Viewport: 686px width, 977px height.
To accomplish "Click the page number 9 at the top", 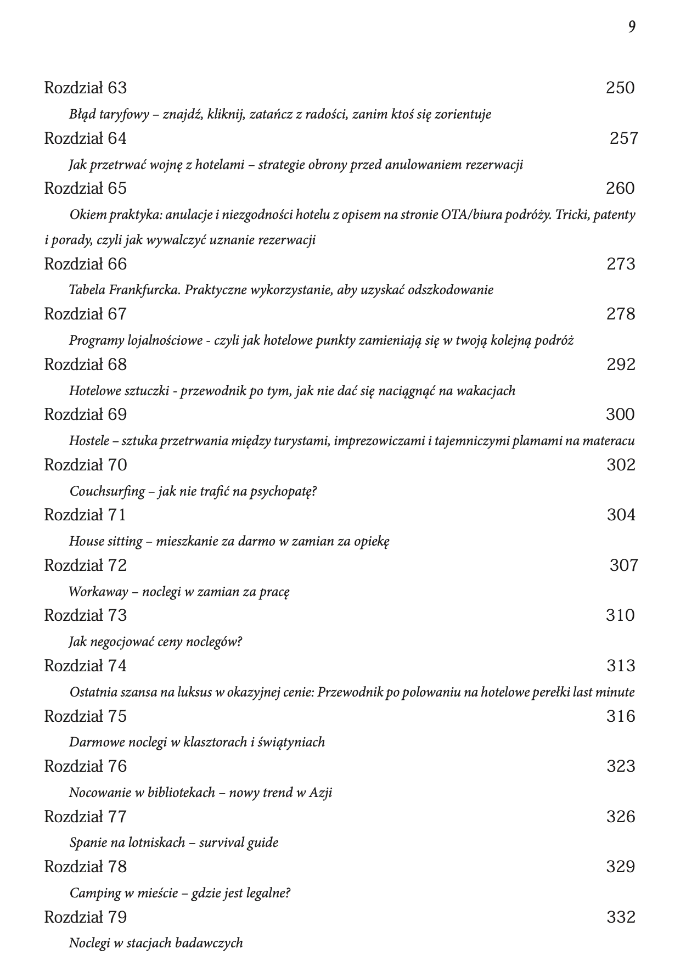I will tap(632, 27).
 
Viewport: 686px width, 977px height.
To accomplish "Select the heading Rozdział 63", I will tap(85, 88).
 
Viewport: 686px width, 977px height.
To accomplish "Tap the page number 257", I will tap(624, 138).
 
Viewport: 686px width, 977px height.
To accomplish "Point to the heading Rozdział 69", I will tap(85, 414).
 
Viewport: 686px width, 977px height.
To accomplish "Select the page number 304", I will tap(621, 515).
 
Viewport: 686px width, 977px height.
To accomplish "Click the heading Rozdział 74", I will tap(85, 666).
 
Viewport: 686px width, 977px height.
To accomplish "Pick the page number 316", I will tap(621, 716).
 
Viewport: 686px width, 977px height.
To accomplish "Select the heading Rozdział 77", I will tap(85, 817).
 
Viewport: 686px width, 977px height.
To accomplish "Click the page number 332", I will tap(621, 917).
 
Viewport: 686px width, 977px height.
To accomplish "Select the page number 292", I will tap(621, 364).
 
